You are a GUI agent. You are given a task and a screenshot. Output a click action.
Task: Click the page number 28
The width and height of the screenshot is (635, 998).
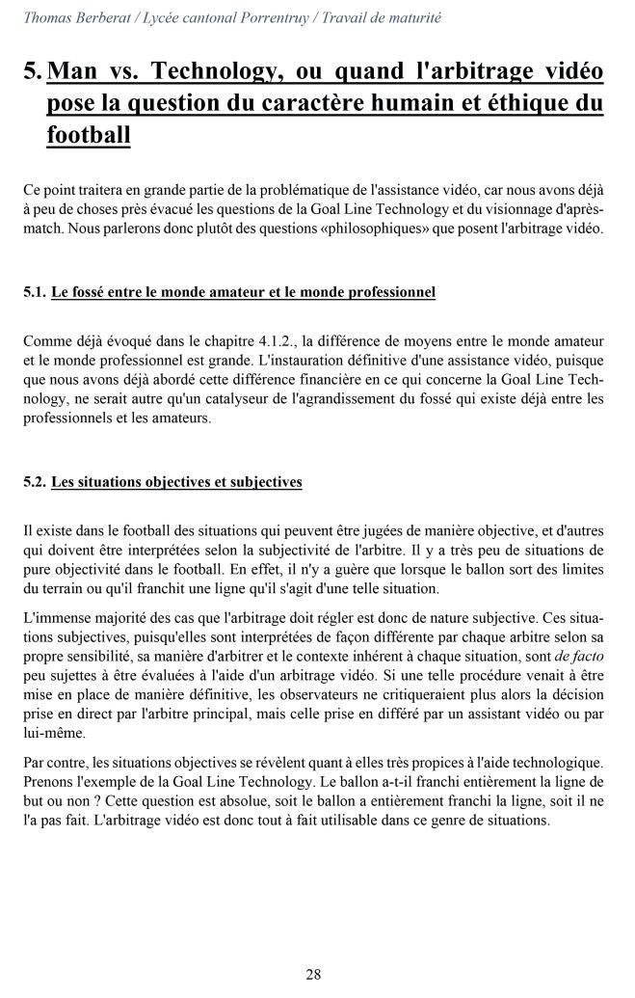(x=313, y=974)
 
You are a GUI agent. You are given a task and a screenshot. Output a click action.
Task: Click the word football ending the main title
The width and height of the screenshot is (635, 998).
(x=88, y=135)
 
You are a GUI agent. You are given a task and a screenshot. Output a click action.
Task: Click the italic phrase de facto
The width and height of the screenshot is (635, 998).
(x=574, y=657)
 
